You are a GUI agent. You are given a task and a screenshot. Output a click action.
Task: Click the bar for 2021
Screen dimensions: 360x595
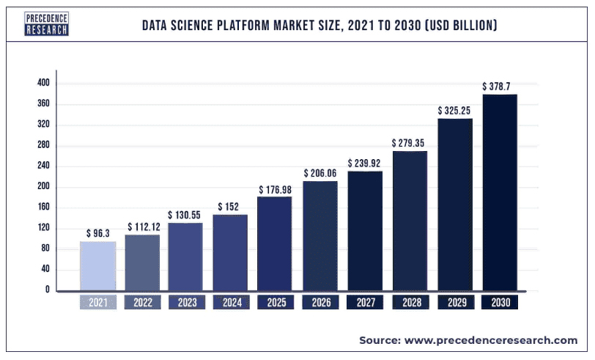[97, 265]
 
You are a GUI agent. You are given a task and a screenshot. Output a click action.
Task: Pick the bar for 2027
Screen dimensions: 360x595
[365, 230]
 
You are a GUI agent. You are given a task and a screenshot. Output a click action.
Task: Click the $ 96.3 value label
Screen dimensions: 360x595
[97, 234]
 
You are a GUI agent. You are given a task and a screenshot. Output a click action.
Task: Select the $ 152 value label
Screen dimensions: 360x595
[230, 207]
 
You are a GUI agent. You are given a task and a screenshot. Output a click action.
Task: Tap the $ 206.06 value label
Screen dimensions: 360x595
[320, 173]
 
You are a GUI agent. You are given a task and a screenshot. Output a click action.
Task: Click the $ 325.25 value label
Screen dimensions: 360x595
[454, 111]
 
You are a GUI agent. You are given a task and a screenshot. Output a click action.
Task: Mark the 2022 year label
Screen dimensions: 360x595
[141, 302]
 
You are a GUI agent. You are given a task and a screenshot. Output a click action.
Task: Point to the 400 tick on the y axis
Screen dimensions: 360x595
[43, 84]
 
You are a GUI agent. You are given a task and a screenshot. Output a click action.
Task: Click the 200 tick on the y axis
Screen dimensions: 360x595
[43, 187]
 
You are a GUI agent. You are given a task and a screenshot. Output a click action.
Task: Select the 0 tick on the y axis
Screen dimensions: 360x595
[47, 290]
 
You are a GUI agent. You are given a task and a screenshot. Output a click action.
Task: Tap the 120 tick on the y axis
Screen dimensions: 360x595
[43, 228]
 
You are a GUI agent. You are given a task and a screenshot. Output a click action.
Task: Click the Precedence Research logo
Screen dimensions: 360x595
[46, 25]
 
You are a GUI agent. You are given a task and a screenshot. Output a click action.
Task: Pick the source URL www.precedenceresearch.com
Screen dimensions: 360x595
[490, 341]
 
